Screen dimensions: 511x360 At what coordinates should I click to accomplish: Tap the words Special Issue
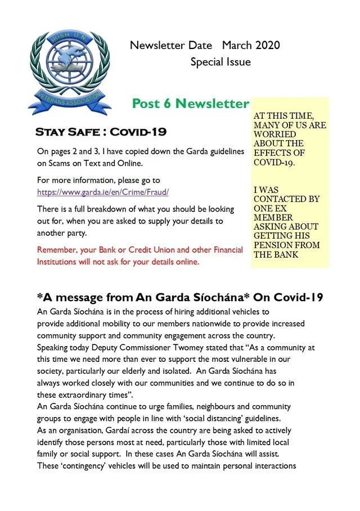click(x=220, y=62)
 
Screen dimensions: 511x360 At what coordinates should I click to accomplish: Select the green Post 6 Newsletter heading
click(x=190, y=104)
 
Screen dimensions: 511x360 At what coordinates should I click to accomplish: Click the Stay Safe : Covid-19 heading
click(x=101, y=132)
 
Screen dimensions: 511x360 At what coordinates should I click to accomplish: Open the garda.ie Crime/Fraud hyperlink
click(x=103, y=192)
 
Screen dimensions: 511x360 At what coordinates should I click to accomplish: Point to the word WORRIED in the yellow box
click(x=274, y=135)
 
